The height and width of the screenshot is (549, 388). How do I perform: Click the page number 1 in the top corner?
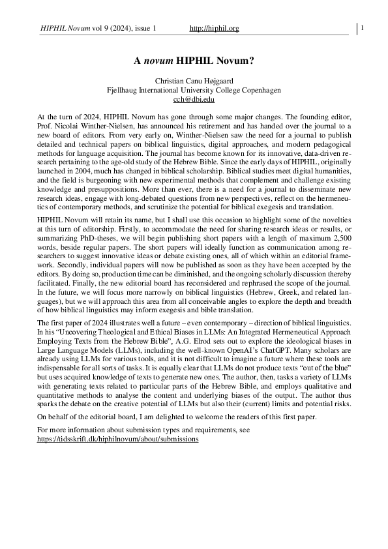[x=361, y=27]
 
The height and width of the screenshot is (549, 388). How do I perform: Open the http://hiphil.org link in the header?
[x=214, y=28]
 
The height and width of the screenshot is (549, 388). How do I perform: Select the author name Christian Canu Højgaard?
[x=194, y=80]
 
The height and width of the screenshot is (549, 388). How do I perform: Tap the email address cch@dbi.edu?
[x=194, y=99]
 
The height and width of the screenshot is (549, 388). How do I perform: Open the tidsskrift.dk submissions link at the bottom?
[x=118, y=439]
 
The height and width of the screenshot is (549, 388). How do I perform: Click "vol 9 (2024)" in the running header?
[x=103, y=28]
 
